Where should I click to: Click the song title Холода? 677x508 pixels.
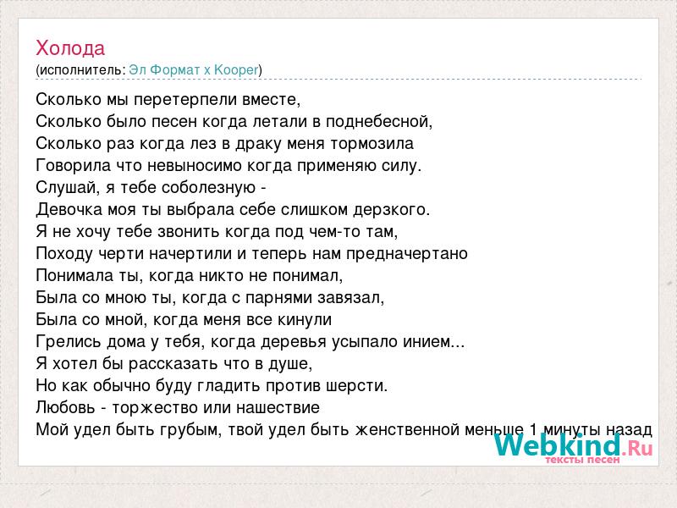(x=70, y=47)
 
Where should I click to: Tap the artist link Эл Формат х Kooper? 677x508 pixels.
(x=194, y=70)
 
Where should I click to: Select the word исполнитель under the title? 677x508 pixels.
(x=80, y=70)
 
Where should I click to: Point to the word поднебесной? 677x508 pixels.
(x=379, y=122)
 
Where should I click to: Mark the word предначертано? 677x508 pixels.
(x=407, y=254)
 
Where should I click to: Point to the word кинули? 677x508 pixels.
(x=305, y=320)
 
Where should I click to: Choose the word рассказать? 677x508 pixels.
(x=173, y=364)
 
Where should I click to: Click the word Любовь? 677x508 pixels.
(x=65, y=407)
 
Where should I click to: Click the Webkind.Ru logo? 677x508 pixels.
(x=574, y=445)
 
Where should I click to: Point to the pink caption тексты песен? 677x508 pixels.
(x=582, y=460)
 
